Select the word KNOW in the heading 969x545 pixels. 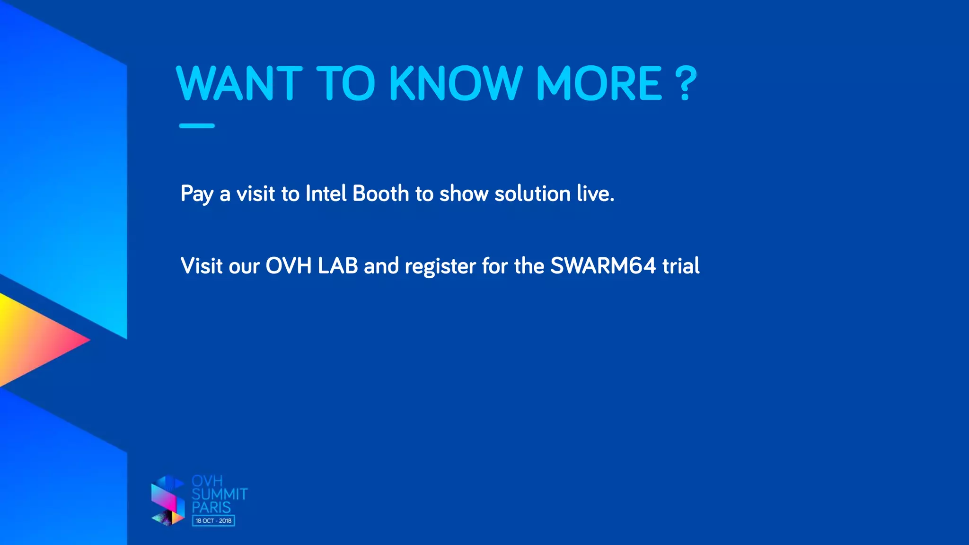456,84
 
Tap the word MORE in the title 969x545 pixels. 599,84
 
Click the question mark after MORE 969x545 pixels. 686,84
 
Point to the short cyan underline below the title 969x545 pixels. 197,126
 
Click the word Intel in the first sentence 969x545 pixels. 326,193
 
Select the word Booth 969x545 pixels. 380,193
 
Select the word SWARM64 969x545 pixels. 603,266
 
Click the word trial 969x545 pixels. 681,266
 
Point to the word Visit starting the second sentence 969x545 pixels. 202,266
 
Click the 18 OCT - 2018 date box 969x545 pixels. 213,521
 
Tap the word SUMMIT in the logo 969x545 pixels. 220,494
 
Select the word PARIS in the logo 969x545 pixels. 211,508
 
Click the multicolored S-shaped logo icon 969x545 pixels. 168,501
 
